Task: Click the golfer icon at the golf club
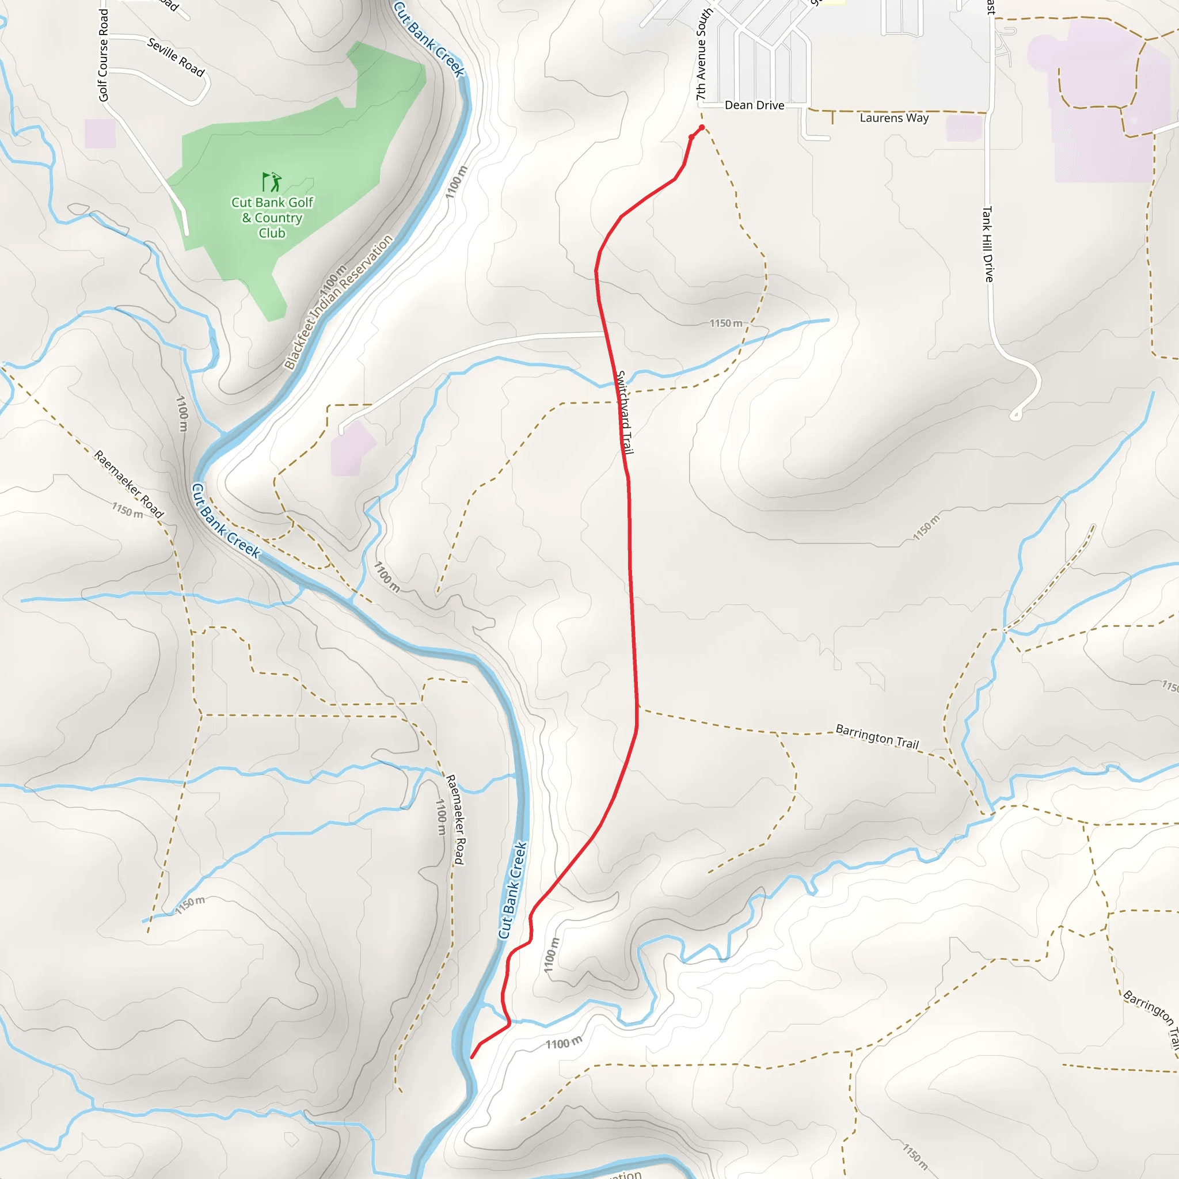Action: (272, 182)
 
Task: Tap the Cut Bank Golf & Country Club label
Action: (272, 217)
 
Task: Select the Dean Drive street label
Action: (754, 105)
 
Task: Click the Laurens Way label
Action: (894, 118)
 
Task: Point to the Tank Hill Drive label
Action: (987, 244)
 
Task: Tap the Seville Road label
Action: (176, 57)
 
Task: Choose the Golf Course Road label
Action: (103, 55)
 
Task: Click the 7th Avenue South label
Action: (703, 55)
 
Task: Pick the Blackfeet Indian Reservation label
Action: (339, 303)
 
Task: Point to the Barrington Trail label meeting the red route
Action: (876, 736)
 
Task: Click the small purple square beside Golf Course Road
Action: (100, 134)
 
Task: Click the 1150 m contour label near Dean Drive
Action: (725, 323)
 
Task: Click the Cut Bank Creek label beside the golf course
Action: (429, 39)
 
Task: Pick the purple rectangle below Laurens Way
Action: (964, 128)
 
